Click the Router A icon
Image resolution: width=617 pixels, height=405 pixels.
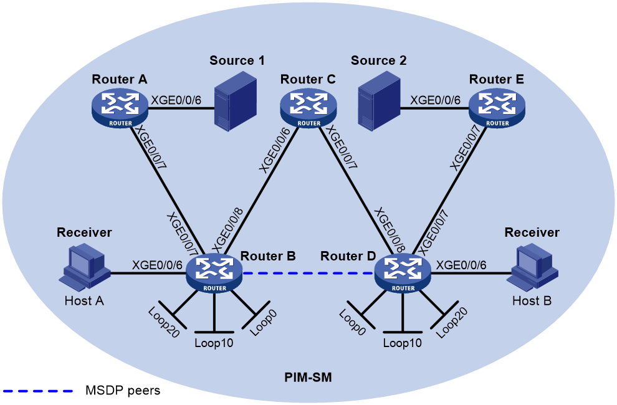(x=120, y=108)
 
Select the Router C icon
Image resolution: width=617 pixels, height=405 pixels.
(x=308, y=108)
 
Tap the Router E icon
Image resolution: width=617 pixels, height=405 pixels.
(x=497, y=108)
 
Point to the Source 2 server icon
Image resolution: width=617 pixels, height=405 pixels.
(x=379, y=101)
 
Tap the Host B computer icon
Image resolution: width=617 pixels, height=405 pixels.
(x=532, y=267)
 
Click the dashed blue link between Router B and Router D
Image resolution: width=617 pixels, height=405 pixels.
(x=308, y=273)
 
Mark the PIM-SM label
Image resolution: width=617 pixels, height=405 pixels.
(x=308, y=378)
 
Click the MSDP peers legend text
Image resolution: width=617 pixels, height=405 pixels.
(x=123, y=391)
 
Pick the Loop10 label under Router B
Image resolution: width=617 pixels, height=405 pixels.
(x=214, y=343)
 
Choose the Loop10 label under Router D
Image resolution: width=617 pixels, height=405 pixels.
(x=403, y=343)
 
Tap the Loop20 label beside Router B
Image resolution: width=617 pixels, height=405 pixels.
(x=164, y=322)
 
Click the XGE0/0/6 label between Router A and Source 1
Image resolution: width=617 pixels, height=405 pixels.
(x=176, y=100)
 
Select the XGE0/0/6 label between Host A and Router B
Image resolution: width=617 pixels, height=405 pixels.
(x=157, y=265)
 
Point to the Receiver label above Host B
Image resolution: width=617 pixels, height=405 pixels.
(x=532, y=232)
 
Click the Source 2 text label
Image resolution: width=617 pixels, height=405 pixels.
(x=378, y=60)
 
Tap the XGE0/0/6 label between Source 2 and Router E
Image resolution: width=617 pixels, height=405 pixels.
(x=435, y=100)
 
